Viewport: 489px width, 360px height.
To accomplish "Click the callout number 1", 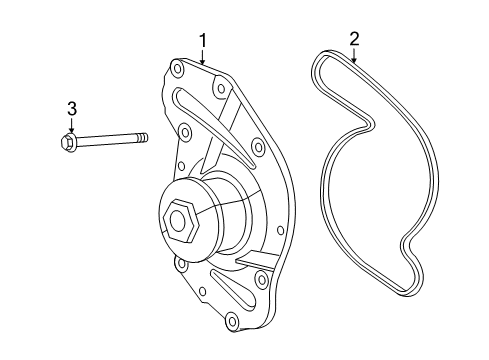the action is pos(203,41).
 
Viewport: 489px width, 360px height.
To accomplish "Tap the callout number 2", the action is pos(354,39).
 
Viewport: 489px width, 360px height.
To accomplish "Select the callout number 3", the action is pos(72,109).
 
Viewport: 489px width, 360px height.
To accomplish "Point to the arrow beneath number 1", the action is pos(203,57).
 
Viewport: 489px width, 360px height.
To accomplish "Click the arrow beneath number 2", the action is pos(354,55).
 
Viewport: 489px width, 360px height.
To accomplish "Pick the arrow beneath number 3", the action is pos(71,126).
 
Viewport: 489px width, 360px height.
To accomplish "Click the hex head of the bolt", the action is pos(69,142).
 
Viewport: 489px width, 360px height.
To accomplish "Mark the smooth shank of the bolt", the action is pos(107,139).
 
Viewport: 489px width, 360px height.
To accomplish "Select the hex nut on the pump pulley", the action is pos(181,220).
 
